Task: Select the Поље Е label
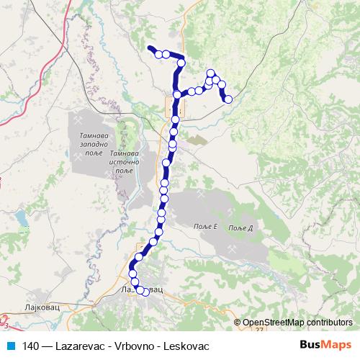(206, 228)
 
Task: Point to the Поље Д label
(240, 228)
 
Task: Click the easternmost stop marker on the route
(228, 99)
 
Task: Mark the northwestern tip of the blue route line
(149, 48)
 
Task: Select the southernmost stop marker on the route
(145, 292)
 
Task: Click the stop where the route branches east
(178, 95)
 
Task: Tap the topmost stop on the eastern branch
(211, 73)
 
